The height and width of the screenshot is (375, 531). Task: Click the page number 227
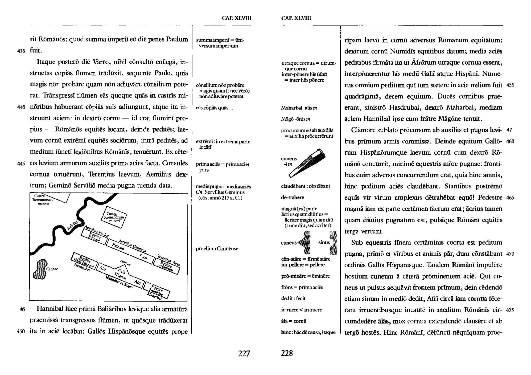pyautogui.click(x=244, y=353)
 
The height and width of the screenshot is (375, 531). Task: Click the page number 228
pyautogui.click(x=287, y=353)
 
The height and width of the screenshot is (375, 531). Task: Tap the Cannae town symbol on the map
pyautogui.click(x=42, y=269)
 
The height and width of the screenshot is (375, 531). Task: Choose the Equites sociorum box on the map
pyautogui.click(x=166, y=266)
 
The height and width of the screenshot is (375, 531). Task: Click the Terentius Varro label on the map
pyautogui.click(x=169, y=260)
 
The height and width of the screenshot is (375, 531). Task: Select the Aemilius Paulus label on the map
pyautogui.click(x=96, y=231)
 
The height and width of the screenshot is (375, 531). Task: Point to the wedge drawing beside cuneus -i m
pyautogui.click(x=308, y=163)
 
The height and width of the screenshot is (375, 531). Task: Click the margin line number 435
pyautogui.click(x=21, y=51)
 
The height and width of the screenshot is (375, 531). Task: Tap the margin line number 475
pyautogui.click(x=510, y=310)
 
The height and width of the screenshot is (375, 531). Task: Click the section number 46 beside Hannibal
pyautogui.click(x=22, y=309)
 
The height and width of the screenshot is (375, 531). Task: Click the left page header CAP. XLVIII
pyautogui.click(x=236, y=18)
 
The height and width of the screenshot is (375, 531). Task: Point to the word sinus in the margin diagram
pyautogui.click(x=324, y=242)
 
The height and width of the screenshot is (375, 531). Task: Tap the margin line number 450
pyautogui.click(x=21, y=332)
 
